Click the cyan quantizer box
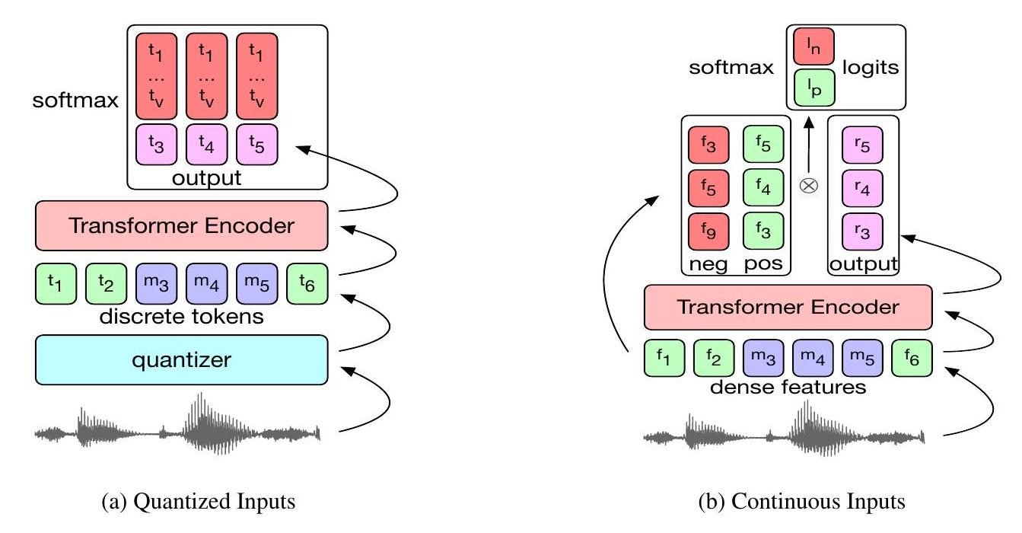pyautogui.click(x=181, y=359)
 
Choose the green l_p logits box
pyautogui.click(x=813, y=88)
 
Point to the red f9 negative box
pyautogui.click(x=708, y=231)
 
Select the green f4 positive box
pyautogui.click(x=763, y=188)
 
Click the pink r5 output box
pyautogui.click(x=862, y=145)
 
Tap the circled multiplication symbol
pyautogui.click(x=807, y=184)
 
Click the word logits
pyautogui.click(x=870, y=69)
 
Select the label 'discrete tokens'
pyautogui.click(x=181, y=316)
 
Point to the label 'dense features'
pyautogui.click(x=788, y=387)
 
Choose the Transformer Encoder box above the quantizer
pyautogui.click(x=181, y=225)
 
